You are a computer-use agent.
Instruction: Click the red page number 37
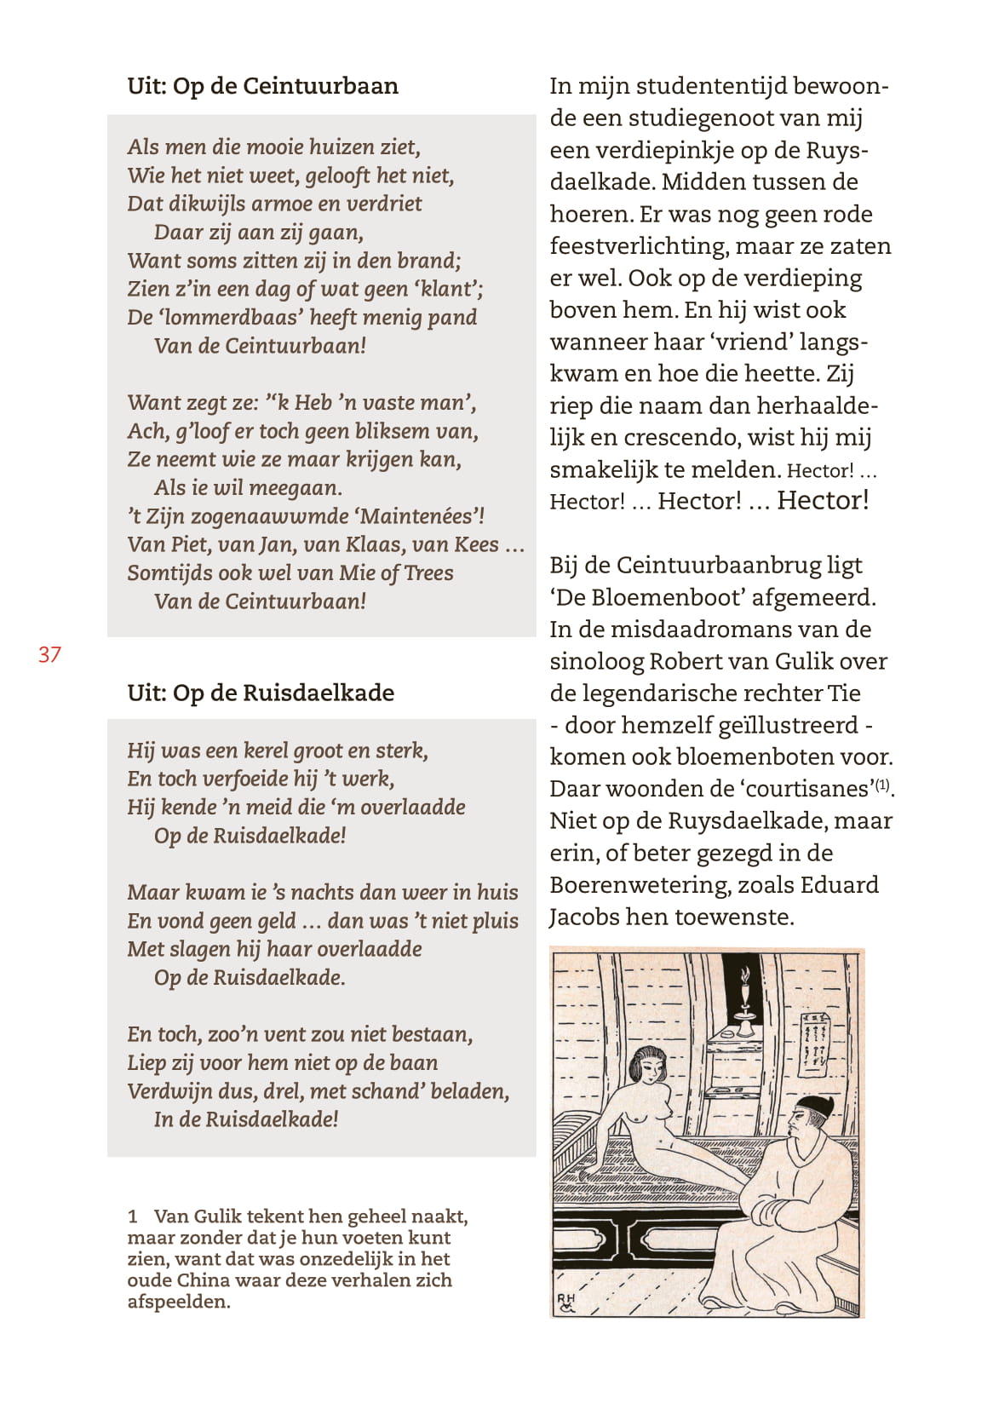(x=49, y=654)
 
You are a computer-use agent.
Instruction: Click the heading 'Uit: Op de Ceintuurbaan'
(x=262, y=86)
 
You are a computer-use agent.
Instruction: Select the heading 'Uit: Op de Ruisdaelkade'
(x=261, y=693)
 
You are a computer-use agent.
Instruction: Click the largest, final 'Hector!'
(x=823, y=500)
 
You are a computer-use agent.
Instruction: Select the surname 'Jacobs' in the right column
(x=584, y=917)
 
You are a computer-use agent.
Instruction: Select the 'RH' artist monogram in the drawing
(x=566, y=1301)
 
